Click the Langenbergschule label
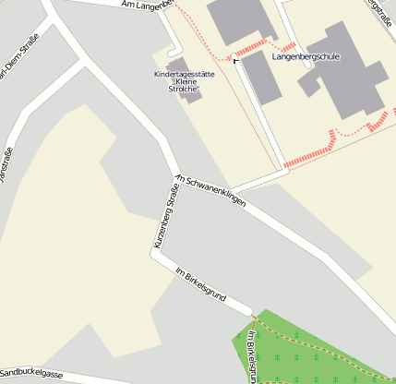coord(306,56)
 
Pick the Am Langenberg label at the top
coord(148,6)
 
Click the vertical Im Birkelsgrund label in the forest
coord(251,355)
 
